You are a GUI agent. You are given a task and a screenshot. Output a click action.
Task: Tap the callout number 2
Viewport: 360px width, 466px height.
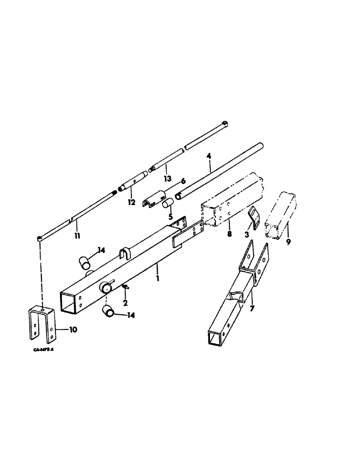125,303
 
